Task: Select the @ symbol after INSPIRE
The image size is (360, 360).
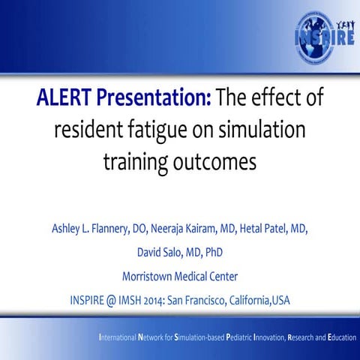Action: click(x=112, y=301)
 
